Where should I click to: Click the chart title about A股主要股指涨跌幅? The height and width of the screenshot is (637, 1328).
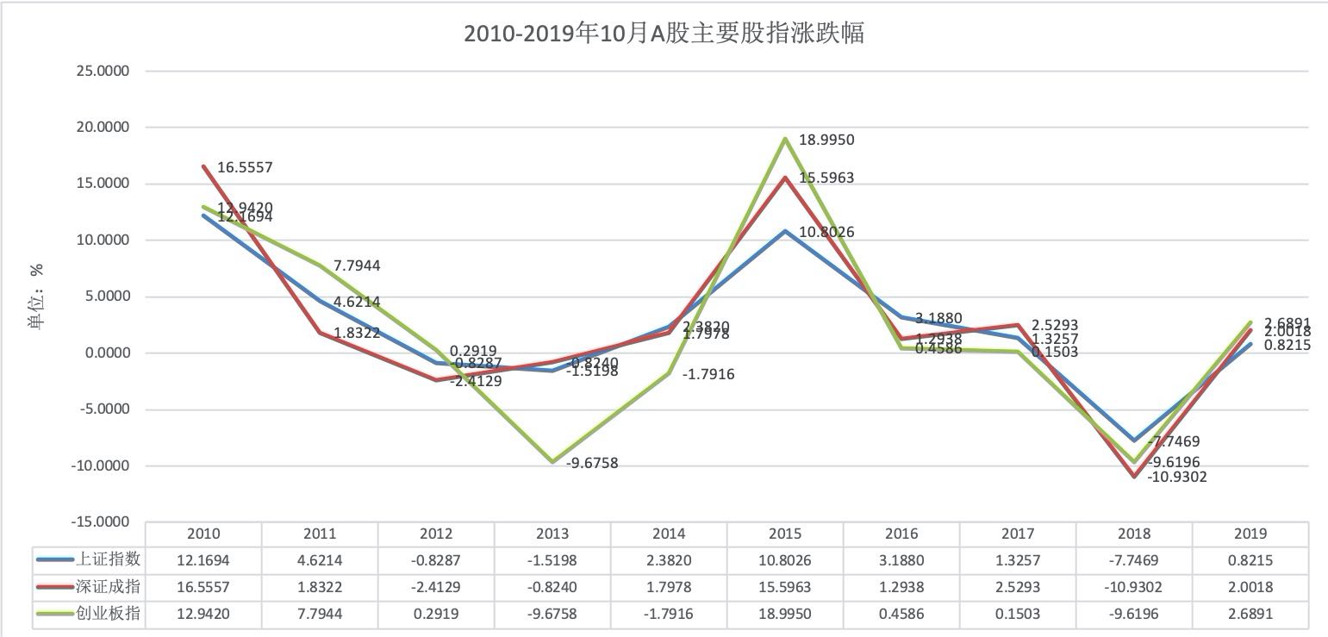point(664,34)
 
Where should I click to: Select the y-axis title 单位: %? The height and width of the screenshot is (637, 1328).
point(36,297)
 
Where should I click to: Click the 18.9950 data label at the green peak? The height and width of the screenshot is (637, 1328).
point(826,140)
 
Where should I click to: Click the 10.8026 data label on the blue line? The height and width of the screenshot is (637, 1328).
point(826,232)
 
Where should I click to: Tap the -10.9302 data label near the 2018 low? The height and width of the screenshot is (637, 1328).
point(1176,476)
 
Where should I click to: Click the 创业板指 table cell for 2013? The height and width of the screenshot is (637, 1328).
point(552,615)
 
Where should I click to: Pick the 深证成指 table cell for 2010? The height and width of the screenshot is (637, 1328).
point(203,588)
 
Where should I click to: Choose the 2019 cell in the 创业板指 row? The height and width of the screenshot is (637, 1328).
point(1250,615)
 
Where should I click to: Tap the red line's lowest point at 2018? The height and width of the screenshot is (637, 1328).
point(1135,476)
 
